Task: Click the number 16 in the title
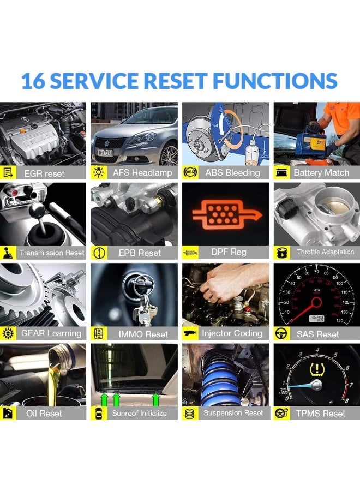[x=33, y=81]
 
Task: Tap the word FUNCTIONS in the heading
[x=275, y=81]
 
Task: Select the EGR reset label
[x=44, y=173]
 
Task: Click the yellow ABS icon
[x=190, y=172]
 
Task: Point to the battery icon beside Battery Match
[x=281, y=172]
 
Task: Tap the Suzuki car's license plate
[x=105, y=153]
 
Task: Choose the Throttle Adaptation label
[x=325, y=252]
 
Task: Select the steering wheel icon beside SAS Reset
[x=281, y=333]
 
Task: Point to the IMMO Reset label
[x=143, y=334]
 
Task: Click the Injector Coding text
[x=232, y=333]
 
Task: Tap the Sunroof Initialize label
[x=139, y=414]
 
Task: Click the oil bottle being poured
[x=63, y=355]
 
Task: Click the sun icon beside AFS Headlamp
[x=98, y=172]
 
